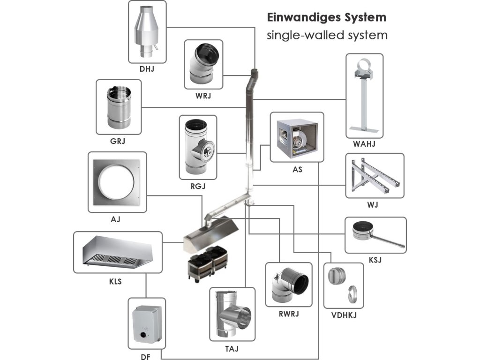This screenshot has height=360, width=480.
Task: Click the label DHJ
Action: tap(147, 69)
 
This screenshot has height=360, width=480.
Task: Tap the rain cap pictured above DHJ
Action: tap(147, 32)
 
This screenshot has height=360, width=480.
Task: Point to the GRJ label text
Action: tap(118, 141)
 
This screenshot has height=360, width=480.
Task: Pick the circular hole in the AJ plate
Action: tap(116, 182)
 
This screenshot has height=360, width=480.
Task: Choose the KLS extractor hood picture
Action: tap(118, 252)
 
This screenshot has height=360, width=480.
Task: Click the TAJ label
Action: tap(232, 349)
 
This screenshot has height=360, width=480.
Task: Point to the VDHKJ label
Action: tap(344, 315)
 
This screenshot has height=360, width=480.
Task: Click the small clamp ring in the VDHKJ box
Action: tap(352, 294)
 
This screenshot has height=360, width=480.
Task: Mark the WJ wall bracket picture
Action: tap(375, 175)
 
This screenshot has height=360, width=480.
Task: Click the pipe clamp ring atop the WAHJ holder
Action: tap(364, 66)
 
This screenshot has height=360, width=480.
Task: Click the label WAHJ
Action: tap(364, 144)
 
